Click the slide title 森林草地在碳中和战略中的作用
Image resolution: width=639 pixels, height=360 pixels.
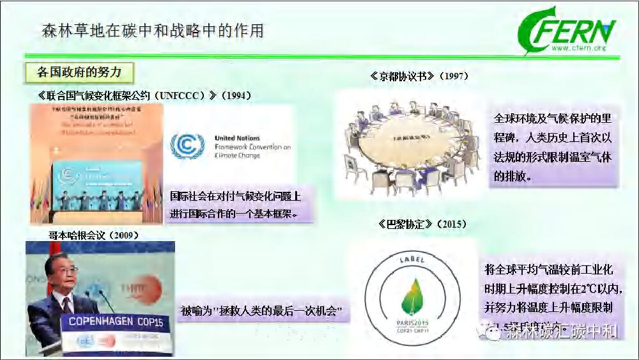(x=152, y=30)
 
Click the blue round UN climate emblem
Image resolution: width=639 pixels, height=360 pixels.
(x=187, y=146)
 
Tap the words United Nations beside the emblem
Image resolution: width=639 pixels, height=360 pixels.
(x=238, y=138)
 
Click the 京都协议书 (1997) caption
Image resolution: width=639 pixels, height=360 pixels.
(x=419, y=76)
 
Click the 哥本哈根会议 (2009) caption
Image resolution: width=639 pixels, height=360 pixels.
(x=94, y=235)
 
